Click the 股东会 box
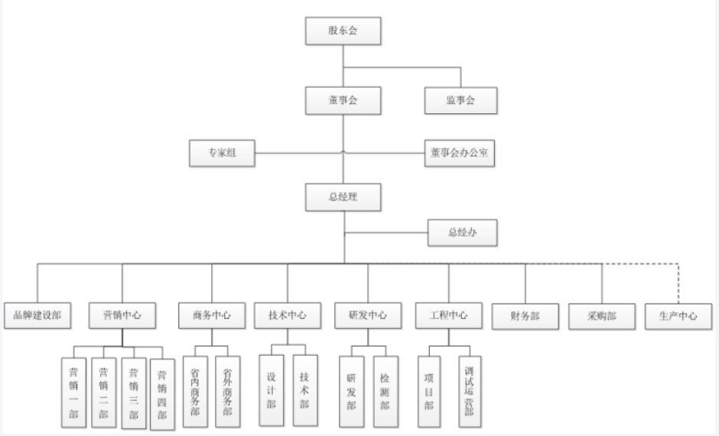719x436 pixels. tap(343, 31)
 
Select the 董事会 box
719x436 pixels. tap(343, 100)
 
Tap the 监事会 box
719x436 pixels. tap(460, 100)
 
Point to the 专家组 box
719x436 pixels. tap(222, 153)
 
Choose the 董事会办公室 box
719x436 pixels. tap(460, 153)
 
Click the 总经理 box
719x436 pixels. tap(343, 197)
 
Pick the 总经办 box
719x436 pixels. tap(462, 233)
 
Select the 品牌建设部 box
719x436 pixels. tap(37, 315)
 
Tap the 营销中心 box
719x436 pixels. tap(122, 315)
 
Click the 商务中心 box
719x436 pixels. tap(212, 315)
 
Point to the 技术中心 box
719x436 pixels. tap(288, 315)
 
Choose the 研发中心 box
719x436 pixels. tap(367, 315)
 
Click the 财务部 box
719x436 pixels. tap(525, 315)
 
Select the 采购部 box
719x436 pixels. tap(601, 315)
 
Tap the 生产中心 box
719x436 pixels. tap(678, 315)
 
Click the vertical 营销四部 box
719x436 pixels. tap(162, 394)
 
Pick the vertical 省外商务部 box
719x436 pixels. tap(227, 390)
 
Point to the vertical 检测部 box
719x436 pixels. tap(385, 390)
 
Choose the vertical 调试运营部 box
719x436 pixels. tap(470, 390)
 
